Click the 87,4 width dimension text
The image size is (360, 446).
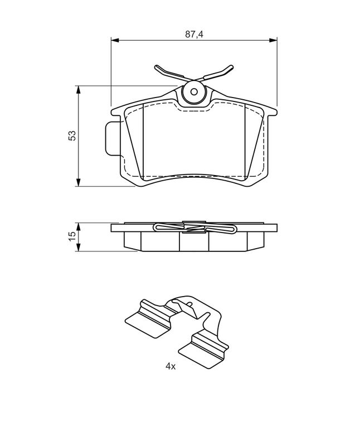pos(194,35)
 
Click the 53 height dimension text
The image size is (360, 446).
pos(72,135)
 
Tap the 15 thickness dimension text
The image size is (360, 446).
pos(72,236)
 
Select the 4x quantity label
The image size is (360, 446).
pos(171,367)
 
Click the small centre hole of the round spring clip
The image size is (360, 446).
pos(194,92)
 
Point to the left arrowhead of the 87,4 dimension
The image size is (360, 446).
pos(114,40)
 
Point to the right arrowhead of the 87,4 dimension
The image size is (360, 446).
pos(273,40)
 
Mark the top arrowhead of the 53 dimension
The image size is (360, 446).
pos(79,89)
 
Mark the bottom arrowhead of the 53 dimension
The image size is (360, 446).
pos(79,183)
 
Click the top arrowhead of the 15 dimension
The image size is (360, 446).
pos(79,226)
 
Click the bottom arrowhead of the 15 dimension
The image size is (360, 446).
pos(79,248)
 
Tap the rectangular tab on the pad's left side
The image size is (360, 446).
pos(113,138)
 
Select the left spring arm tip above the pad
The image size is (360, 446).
pos(157,67)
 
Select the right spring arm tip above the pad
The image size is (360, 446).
pos(231,67)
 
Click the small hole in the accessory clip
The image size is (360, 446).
pos(189,304)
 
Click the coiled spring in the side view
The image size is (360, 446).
pos(195,227)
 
